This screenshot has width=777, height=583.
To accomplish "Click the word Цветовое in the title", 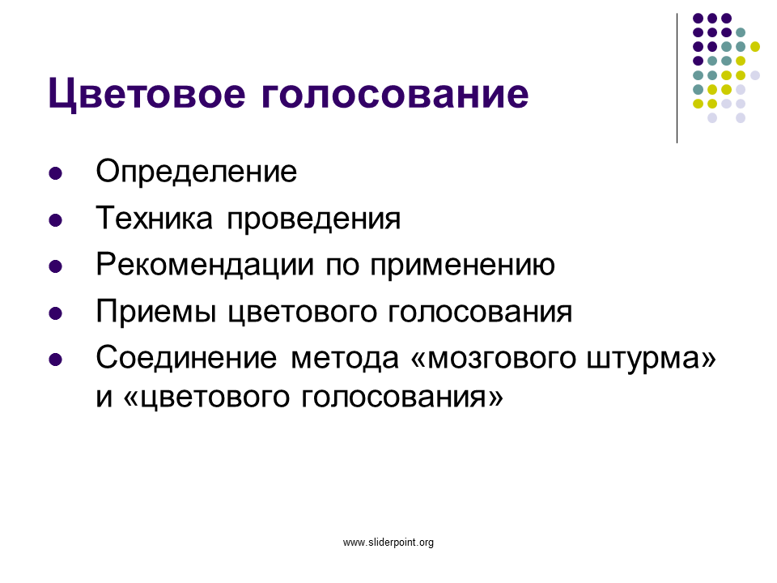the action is tap(146, 93).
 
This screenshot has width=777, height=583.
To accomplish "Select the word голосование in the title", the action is tap(395, 94).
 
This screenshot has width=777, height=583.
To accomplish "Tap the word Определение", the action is tap(196, 172).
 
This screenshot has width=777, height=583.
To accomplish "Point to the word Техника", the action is tap(154, 218).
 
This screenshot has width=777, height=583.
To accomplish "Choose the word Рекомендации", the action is tap(205, 266).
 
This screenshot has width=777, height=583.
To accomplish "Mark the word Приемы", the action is tap(156, 312).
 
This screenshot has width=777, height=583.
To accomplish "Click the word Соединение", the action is tap(186, 358).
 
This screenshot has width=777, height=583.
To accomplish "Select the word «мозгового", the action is tap(494, 359).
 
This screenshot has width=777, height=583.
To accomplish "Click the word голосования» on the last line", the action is tap(402, 398).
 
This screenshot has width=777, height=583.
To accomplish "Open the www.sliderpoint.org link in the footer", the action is tap(388, 543).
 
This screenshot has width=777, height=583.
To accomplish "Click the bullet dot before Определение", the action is tap(56, 173).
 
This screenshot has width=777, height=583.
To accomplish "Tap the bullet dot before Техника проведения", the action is tap(56, 220).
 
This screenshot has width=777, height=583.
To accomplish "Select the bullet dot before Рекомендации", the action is tap(56, 266).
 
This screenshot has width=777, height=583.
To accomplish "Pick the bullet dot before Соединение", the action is tap(56, 360).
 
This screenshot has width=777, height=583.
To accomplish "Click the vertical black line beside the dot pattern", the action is tap(677, 79).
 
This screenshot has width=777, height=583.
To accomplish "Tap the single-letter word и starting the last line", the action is tap(104, 398).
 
